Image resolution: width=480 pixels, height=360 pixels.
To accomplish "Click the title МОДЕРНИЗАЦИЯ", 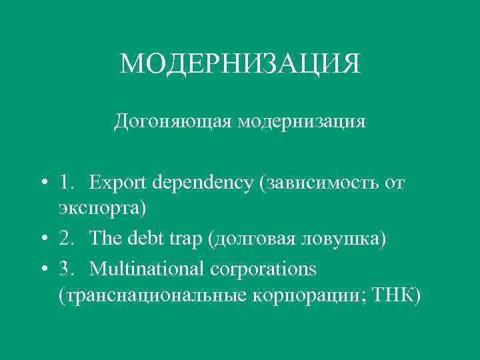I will [240, 64].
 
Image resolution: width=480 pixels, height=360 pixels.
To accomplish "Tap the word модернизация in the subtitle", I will [301, 122].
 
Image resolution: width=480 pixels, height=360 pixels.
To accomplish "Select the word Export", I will [119, 183].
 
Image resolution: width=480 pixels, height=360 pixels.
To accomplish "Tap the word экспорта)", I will [102, 207].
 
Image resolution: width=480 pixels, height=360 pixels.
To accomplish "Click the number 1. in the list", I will [67, 183].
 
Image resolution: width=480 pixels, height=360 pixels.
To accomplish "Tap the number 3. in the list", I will [67, 269].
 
